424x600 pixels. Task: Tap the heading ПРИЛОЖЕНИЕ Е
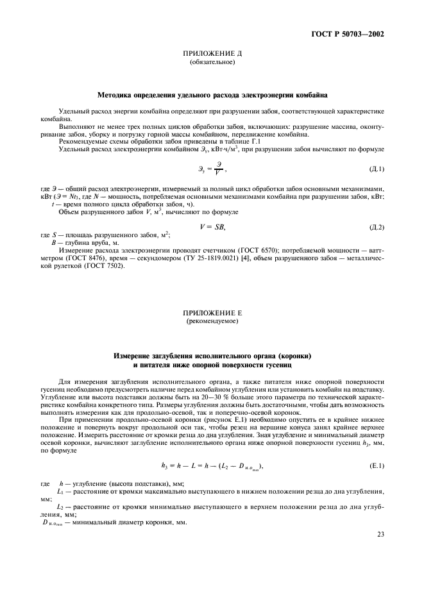212,312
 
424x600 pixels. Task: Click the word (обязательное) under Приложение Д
212,63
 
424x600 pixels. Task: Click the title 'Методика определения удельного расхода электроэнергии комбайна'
212,94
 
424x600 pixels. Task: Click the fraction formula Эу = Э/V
212,169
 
